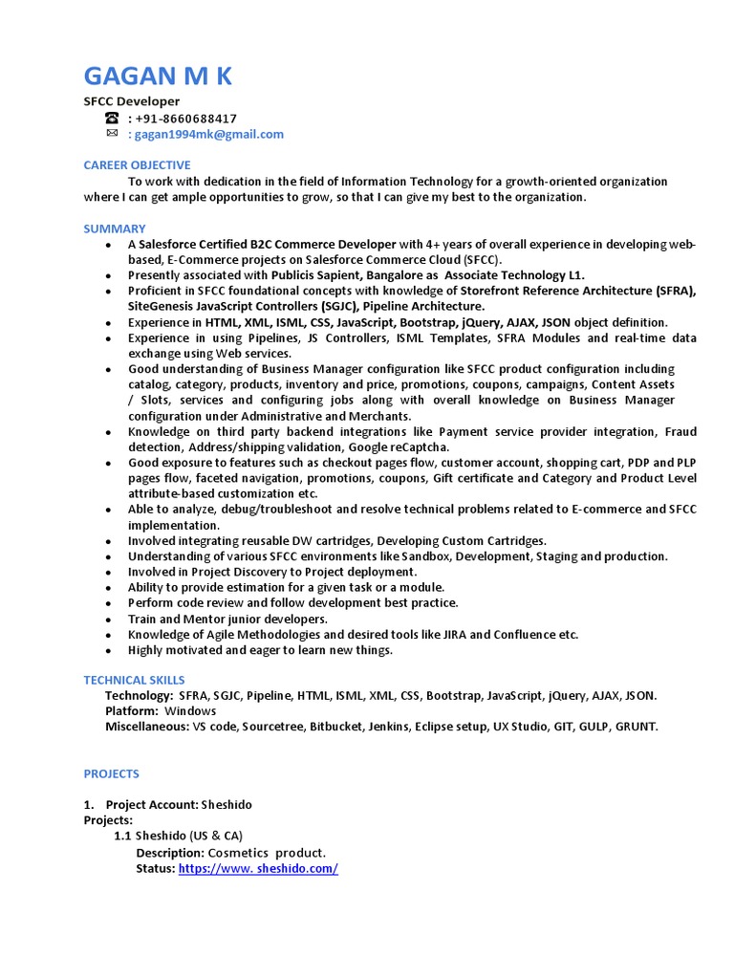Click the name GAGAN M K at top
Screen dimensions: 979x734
[158, 76]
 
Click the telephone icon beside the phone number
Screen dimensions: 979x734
[112, 119]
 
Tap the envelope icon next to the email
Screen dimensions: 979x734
[112, 134]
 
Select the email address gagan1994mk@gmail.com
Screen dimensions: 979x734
[210, 135]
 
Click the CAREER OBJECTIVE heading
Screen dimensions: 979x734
[137, 165]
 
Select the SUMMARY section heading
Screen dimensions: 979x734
[115, 228]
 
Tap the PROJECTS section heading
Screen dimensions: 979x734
[111, 773]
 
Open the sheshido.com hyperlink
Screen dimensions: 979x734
[258, 868]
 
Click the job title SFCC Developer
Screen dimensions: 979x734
[131, 101]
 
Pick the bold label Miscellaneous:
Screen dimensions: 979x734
[147, 727]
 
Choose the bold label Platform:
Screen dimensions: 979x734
[131, 711]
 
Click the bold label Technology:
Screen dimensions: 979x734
[139, 696]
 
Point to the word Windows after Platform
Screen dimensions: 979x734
[190, 711]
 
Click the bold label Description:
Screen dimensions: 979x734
[169, 853]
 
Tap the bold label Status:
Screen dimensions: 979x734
[156, 868]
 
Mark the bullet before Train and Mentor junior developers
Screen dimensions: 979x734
[110, 619]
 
